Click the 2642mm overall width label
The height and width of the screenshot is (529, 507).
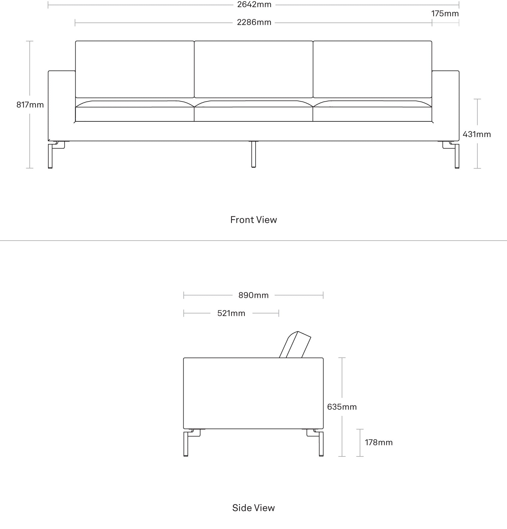pyautogui.click(x=254, y=4)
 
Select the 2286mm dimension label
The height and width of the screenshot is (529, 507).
pyautogui.click(x=254, y=22)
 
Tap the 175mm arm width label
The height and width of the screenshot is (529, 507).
pyautogui.click(x=445, y=13)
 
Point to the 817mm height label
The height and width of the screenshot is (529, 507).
pyautogui.click(x=30, y=105)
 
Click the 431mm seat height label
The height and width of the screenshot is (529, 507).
pyautogui.click(x=477, y=134)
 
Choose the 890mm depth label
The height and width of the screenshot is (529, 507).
pyautogui.click(x=253, y=295)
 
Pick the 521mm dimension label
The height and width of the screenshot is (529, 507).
pyautogui.click(x=231, y=313)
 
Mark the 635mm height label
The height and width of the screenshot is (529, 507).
pyautogui.click(x=342, y=407)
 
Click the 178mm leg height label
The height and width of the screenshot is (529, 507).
pyautogui.click(x=379, y=442)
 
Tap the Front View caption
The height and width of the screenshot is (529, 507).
pyautogui.click(x=253, y=220)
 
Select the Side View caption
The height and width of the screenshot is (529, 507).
pyautogui.click(x=253, y=508)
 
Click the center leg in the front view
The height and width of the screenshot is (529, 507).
pyautogui.click(x=253, y=154)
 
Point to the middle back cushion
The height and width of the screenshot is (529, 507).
pyautogui.click(x=253, y=69)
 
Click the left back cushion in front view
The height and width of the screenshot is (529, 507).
pyautogui.click(x=135, y=69)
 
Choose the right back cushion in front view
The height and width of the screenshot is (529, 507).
pyautogui.click(x=372, y=69)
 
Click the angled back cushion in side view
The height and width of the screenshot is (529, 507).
pyautogui.click(x=295, y=345)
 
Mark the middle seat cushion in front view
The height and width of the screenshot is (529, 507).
pyautogui.click(x=253, y=111)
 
